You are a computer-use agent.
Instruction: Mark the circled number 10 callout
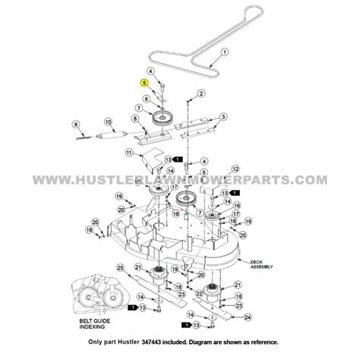(108, 122)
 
